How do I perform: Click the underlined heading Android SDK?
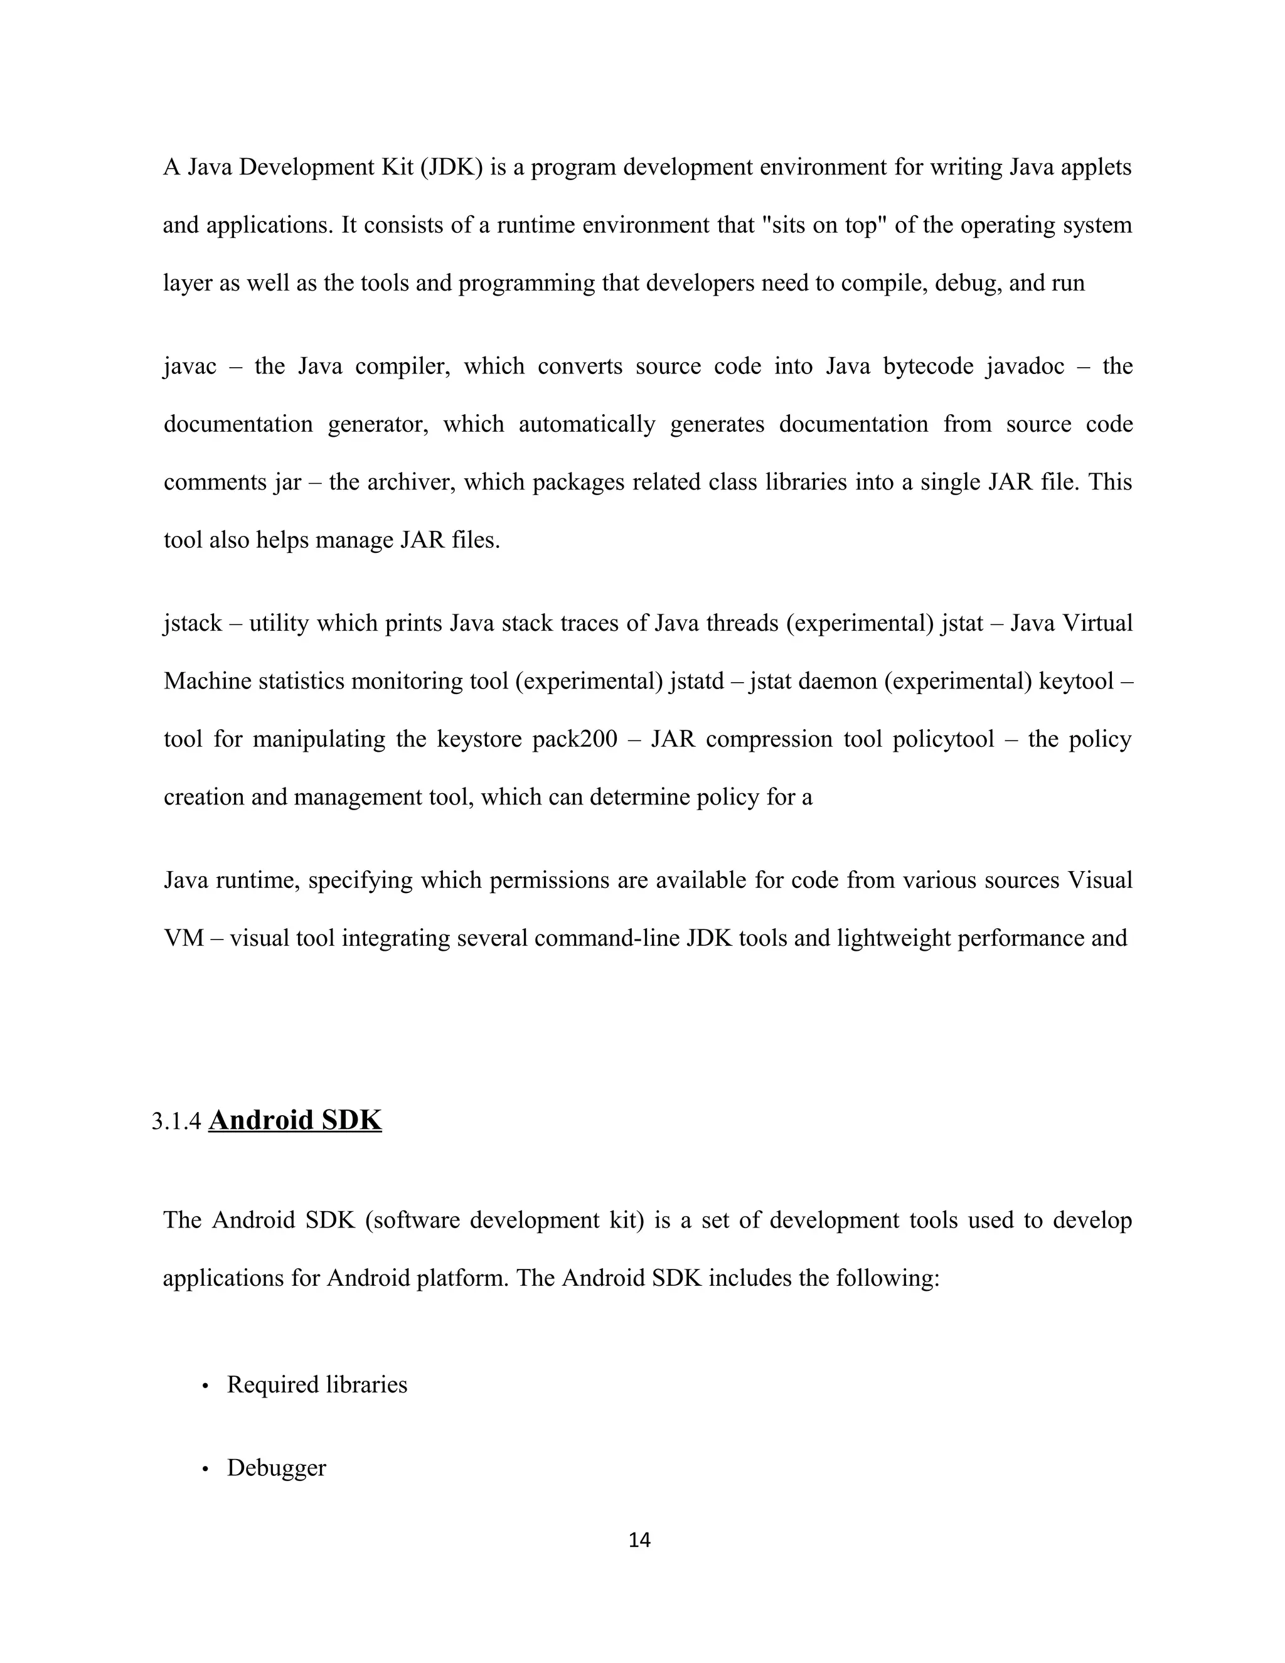pyautogui.click(x=295, y=1120)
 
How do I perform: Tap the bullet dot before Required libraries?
pyautogui.click(x=205, y=1386)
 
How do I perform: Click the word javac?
pyautogui.click(x=189, y=367)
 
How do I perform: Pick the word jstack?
pyautogui.click(x=192, y=624)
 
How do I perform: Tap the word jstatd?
pyautogui.click(x=696, y=682)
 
